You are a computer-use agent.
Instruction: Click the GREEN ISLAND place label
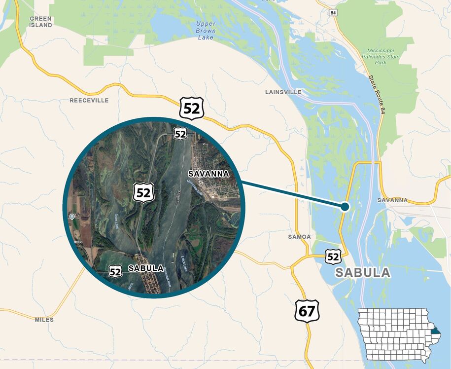(x=40, y=22)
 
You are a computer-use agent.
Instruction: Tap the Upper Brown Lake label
(x=206, y=30)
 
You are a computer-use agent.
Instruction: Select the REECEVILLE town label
(x=89, y=101)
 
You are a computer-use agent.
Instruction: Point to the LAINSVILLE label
(x=283, y=92)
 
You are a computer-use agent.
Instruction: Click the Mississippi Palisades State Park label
(x=383, y=57)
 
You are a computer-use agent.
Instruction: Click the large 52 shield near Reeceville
(x=191, y=108)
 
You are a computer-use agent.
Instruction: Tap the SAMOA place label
(x=299, y=237)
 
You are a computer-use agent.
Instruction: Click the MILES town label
(x=44, y=320)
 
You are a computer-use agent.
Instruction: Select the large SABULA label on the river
(x=362, y=273)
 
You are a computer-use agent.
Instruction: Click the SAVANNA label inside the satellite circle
(x=209, y=174)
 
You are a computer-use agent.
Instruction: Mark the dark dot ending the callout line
(x=345, y=207)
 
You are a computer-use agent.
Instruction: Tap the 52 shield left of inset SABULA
(x=115, y=271)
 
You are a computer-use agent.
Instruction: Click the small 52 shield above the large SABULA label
(x=333, y=256)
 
